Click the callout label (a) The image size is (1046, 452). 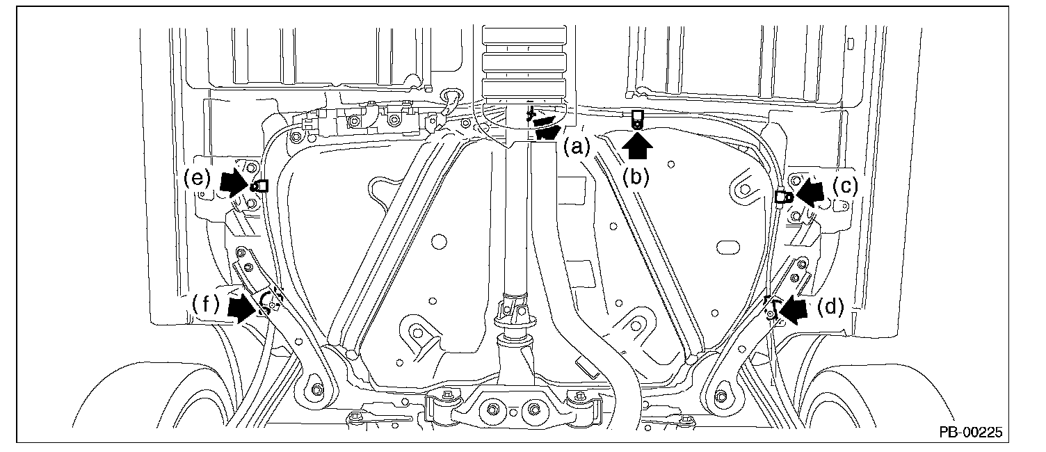[577, 147]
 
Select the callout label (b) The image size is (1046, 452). [636, 177]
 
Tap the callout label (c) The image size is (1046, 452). [846, 187]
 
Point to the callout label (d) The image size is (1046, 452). [830, 307]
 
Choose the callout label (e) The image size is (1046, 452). [197, 178]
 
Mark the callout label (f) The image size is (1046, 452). [205, 305]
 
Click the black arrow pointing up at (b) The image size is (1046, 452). [637, 146]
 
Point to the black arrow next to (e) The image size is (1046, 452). [234, 183]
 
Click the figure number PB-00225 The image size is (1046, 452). [971, 433]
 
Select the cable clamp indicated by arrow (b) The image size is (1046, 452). [637, 120]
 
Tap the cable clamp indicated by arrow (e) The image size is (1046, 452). [259, 186]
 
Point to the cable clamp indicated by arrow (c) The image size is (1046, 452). [782, 197]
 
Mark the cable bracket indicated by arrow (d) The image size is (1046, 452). [771, 308]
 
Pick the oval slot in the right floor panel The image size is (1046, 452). [727, 247]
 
